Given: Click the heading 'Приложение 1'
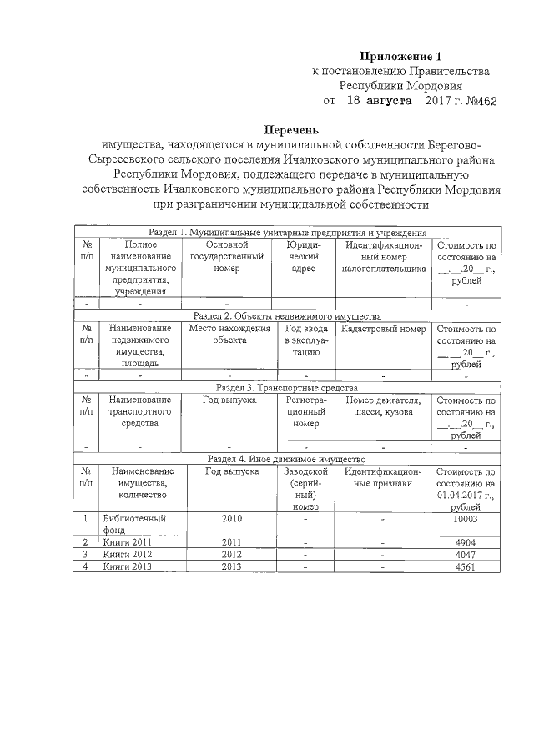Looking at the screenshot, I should [399, 56].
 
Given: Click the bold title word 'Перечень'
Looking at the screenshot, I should [291, 130].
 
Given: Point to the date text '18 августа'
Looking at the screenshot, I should [379, 101].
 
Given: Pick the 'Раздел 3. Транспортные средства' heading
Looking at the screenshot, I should [287, 388].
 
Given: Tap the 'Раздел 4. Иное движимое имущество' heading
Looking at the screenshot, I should [287, 459].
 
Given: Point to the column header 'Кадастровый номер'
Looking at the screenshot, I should [379, 329].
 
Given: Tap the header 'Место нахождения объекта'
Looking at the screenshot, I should [229, 335].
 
